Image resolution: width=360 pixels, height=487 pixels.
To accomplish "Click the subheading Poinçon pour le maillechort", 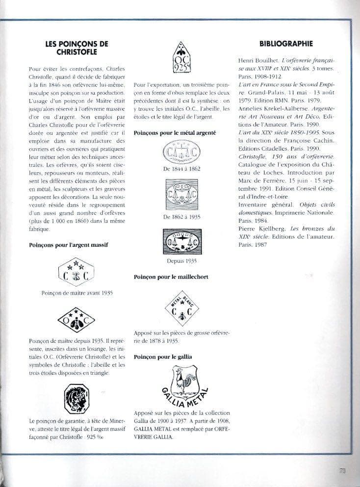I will click(171, 277).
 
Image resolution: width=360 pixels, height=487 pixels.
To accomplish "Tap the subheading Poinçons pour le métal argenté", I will click(175, 132).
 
